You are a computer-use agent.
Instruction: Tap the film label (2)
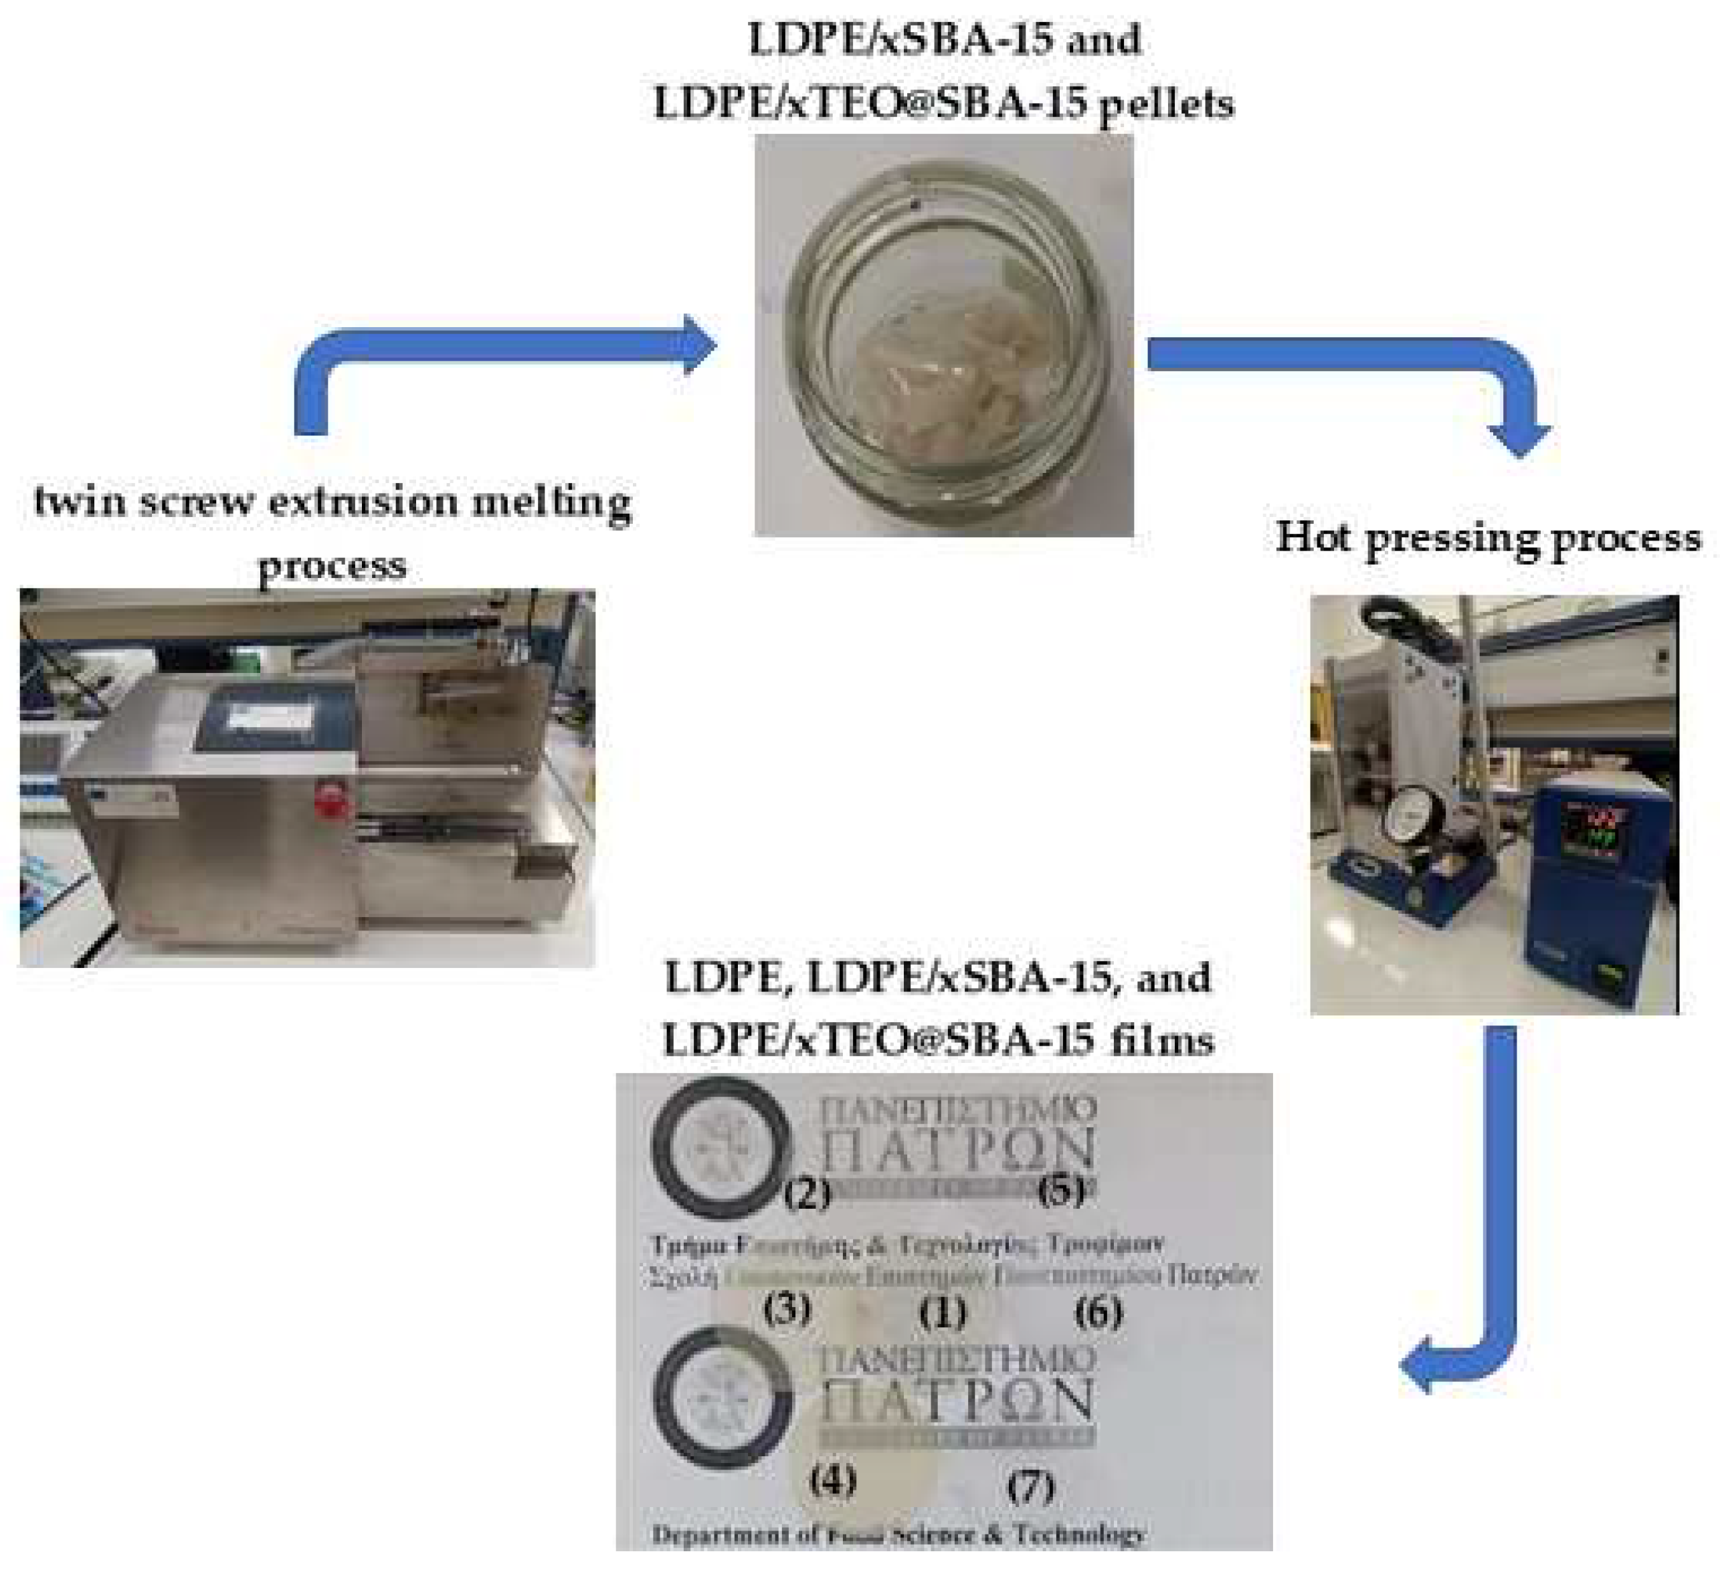click(x=807, y=1194)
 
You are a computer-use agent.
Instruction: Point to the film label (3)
click(x=787, y=1310)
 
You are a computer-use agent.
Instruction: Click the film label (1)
click(x=943, y=1313)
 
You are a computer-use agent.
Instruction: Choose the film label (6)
click(x=1098, y=1311)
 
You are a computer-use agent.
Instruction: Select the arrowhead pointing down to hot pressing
click(x=1519, y=439)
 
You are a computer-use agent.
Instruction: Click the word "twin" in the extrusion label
click(x=81, y=501)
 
